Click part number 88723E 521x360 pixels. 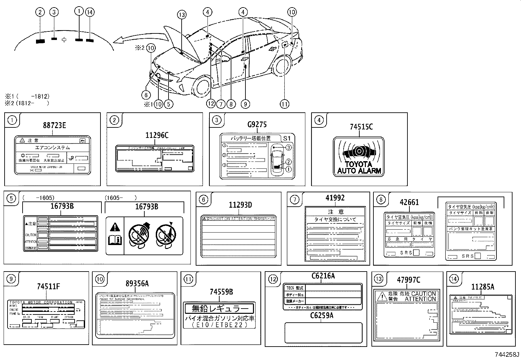pos(54,125)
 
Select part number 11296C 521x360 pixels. pos(157,135)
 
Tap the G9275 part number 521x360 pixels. pos(257,124)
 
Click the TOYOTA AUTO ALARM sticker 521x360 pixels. pos(359,157)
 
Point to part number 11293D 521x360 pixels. pos(240,205)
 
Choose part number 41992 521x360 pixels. pos(335,198)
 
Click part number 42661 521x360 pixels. pos(409,202)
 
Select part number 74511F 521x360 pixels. pos(48,287)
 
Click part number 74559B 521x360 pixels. pos(221,292)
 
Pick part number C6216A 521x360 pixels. pos(323,276)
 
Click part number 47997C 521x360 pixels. pos(408,280)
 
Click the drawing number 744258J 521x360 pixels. pos(507,354)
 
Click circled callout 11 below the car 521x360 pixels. pos(284,104)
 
